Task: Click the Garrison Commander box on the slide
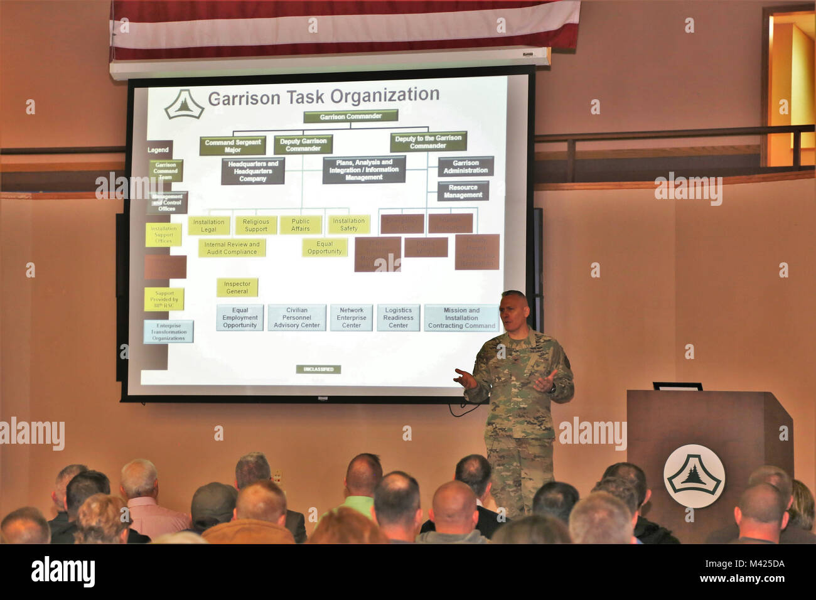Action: (x=350, y=116)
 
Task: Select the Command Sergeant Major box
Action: (x=233, y=146)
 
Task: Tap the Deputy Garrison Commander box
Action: (x=303, y=144)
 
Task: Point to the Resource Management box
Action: (x=463, y=191)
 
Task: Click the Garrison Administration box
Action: (x=465, y=166)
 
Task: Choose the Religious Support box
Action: (x=256, y=225)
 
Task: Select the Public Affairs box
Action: (x=301, y=225)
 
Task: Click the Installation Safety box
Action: (x=348, y=224)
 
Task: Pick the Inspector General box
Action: (x=237, y=287)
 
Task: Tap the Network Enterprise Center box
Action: (x=352, y=318)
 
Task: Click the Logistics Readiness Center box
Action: (x=398, y=318)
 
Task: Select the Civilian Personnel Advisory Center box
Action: (x=297, y=318)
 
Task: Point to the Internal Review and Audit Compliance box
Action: (x=232, y=248)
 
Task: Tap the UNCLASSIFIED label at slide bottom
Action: (x=318, y=369)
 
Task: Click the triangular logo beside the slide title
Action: (x=184, y=104)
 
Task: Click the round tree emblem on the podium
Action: (x=694, y=476)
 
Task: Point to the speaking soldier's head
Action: (x=514, y=308)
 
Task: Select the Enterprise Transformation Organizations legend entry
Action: (x=168, y=332)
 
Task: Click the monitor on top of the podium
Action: (x=677, y=386)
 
